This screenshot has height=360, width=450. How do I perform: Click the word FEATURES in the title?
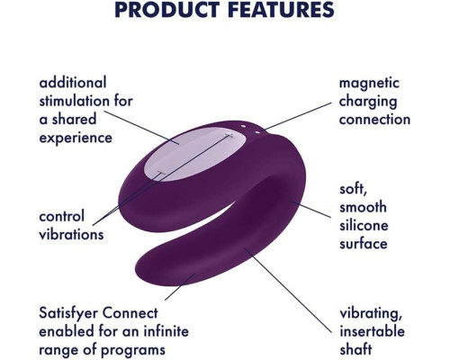coord(281,9)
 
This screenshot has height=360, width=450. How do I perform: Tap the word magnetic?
coord(369,84)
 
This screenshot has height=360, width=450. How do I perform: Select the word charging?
coord(368,102)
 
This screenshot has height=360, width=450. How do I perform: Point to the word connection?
coord(374,120)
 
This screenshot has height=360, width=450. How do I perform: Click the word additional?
coord(73,83)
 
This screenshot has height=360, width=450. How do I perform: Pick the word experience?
coord(76,139)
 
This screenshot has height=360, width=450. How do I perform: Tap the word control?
coord(62,216)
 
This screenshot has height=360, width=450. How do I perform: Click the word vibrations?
coord(71,234)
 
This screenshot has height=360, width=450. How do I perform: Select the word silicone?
coord(364,225)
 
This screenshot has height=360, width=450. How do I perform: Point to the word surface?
coord(364,244)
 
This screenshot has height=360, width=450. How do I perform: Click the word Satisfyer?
coord(68,314)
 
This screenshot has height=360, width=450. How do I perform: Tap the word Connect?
coord(130,313)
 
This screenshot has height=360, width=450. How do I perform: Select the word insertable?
coord(372,331)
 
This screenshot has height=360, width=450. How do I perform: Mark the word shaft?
coord(355,349)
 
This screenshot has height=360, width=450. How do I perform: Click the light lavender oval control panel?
coord(196,154)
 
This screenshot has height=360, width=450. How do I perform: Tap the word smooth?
coord(363,207)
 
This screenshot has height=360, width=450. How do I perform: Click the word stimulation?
coord(85,101)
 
